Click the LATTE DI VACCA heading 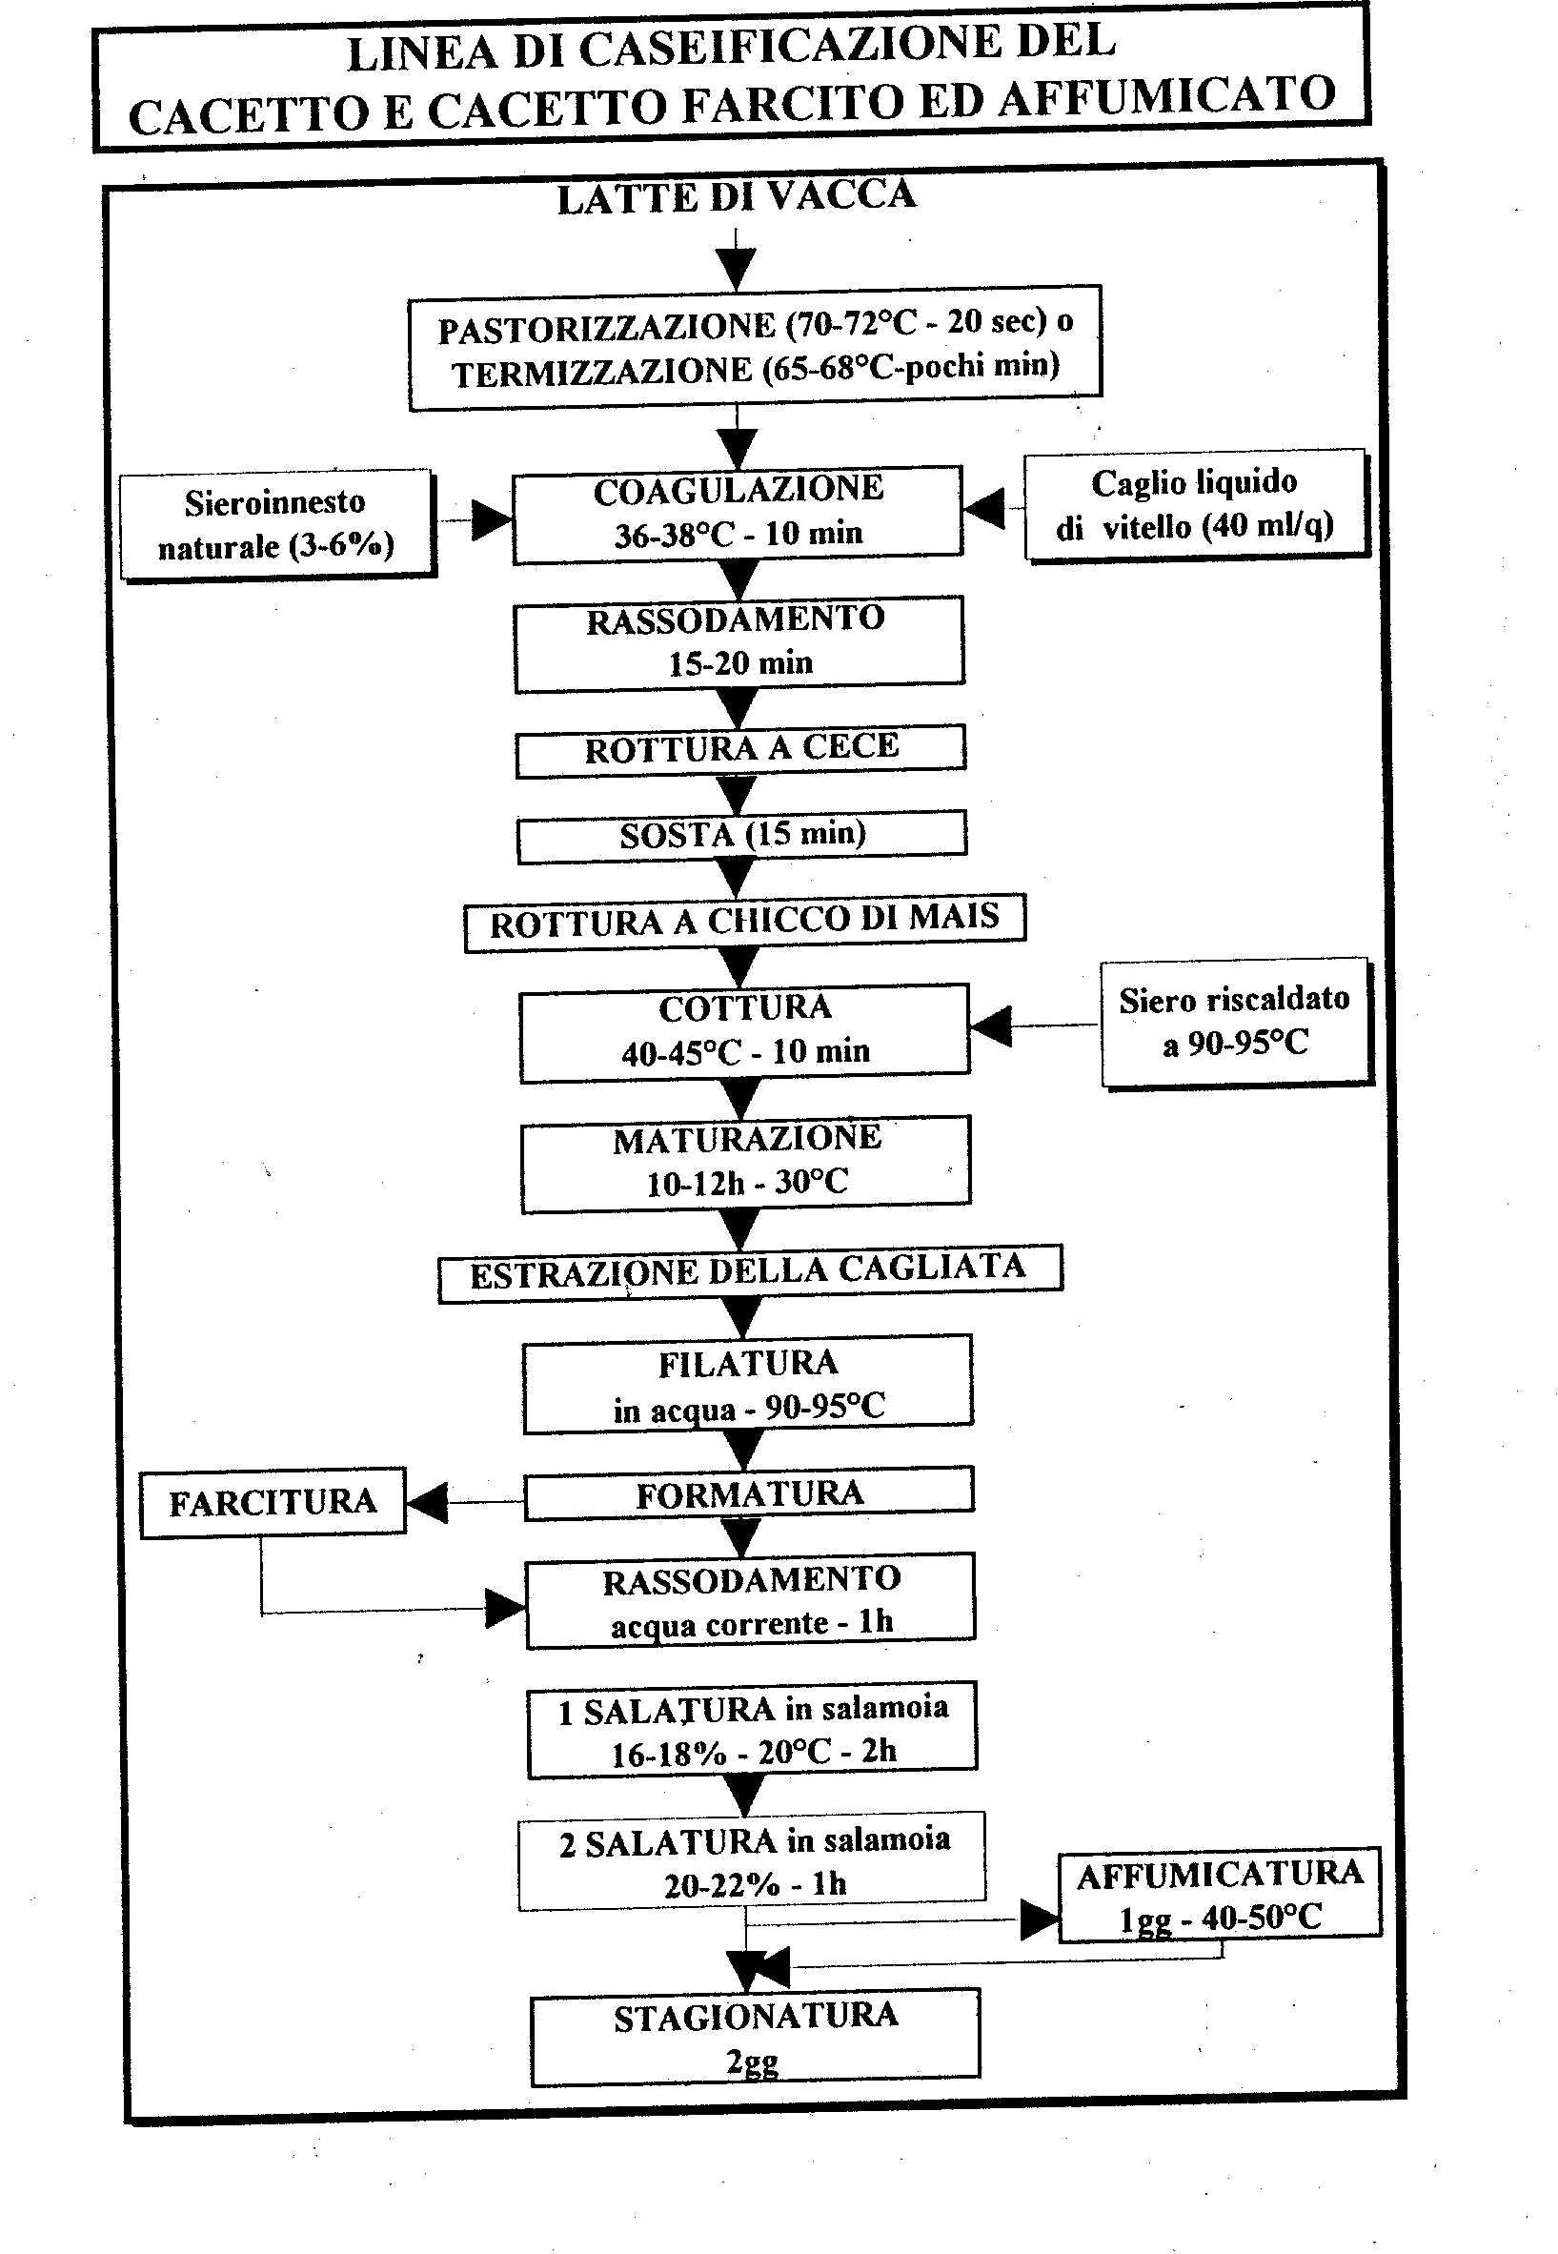(x=737, y=197)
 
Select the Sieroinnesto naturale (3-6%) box (x=277, y=525)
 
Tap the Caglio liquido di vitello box (x=1196, y=505)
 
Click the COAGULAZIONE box (x=738, y=514)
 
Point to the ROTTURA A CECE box (x=741, y=750)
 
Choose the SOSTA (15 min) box (x=742, y=835)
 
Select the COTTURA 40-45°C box (x=745, y=1032)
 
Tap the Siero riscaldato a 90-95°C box (x=1237, y=1022)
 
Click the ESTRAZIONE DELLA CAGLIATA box (x=750, y=1272)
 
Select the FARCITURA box (x=273, y=1502)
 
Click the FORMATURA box (x=749, y=1494)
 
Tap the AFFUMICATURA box (x=1221, y=1894)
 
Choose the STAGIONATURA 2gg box (x=756, y=2037)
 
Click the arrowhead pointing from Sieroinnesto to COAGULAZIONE (x=492, y=520)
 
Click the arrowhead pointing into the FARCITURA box (x=428, y=1502)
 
